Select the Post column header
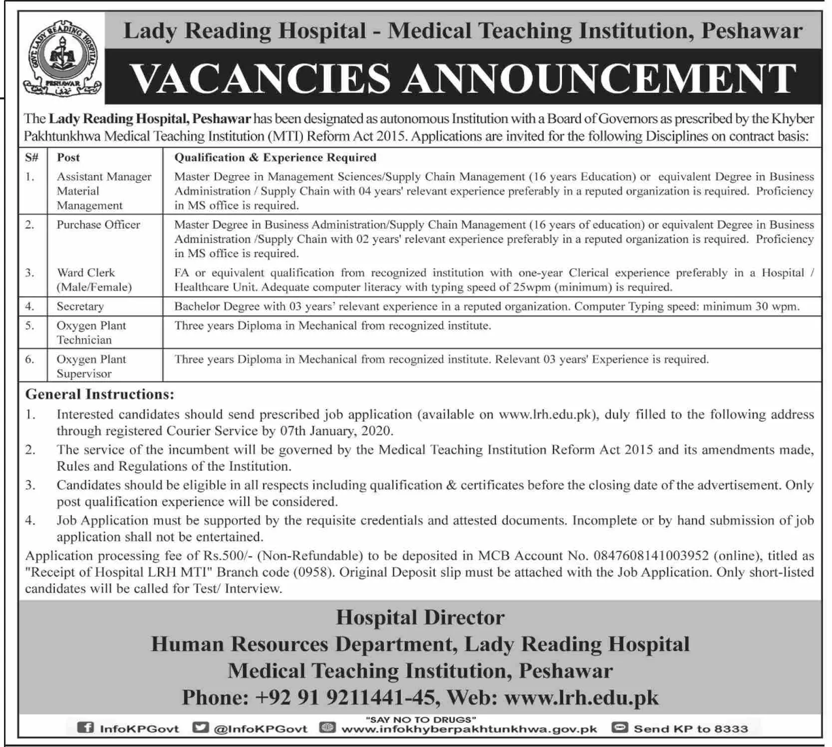pyautogui.click(x=68, y=157)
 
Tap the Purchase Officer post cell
pyautogui.click(x=98, y=225)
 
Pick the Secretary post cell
pyautogui.click(x=80, y=306)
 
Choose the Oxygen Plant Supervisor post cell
pyautogui.click(x=91, y=366)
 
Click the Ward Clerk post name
pyautogui.click(x=86, y=273)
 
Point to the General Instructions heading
pyautogui.click(x=100, y=394)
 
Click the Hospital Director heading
pyautogui.click(x=420, y=618)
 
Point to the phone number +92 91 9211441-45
pyautogui.click(x=344, y=697)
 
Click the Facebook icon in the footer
pyautogui.click(x=85, y=728)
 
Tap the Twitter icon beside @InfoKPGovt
pyautogui.click(x=200, y=728)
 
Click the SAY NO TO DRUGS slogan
pyautogui.click(x=420, y=720)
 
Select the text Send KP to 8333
pyautogui.click(x=691, y=729)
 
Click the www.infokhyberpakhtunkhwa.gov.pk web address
pyautogui.click(x=469, y=729)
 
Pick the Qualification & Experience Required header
pyautogui.click(x=275, y=157)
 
